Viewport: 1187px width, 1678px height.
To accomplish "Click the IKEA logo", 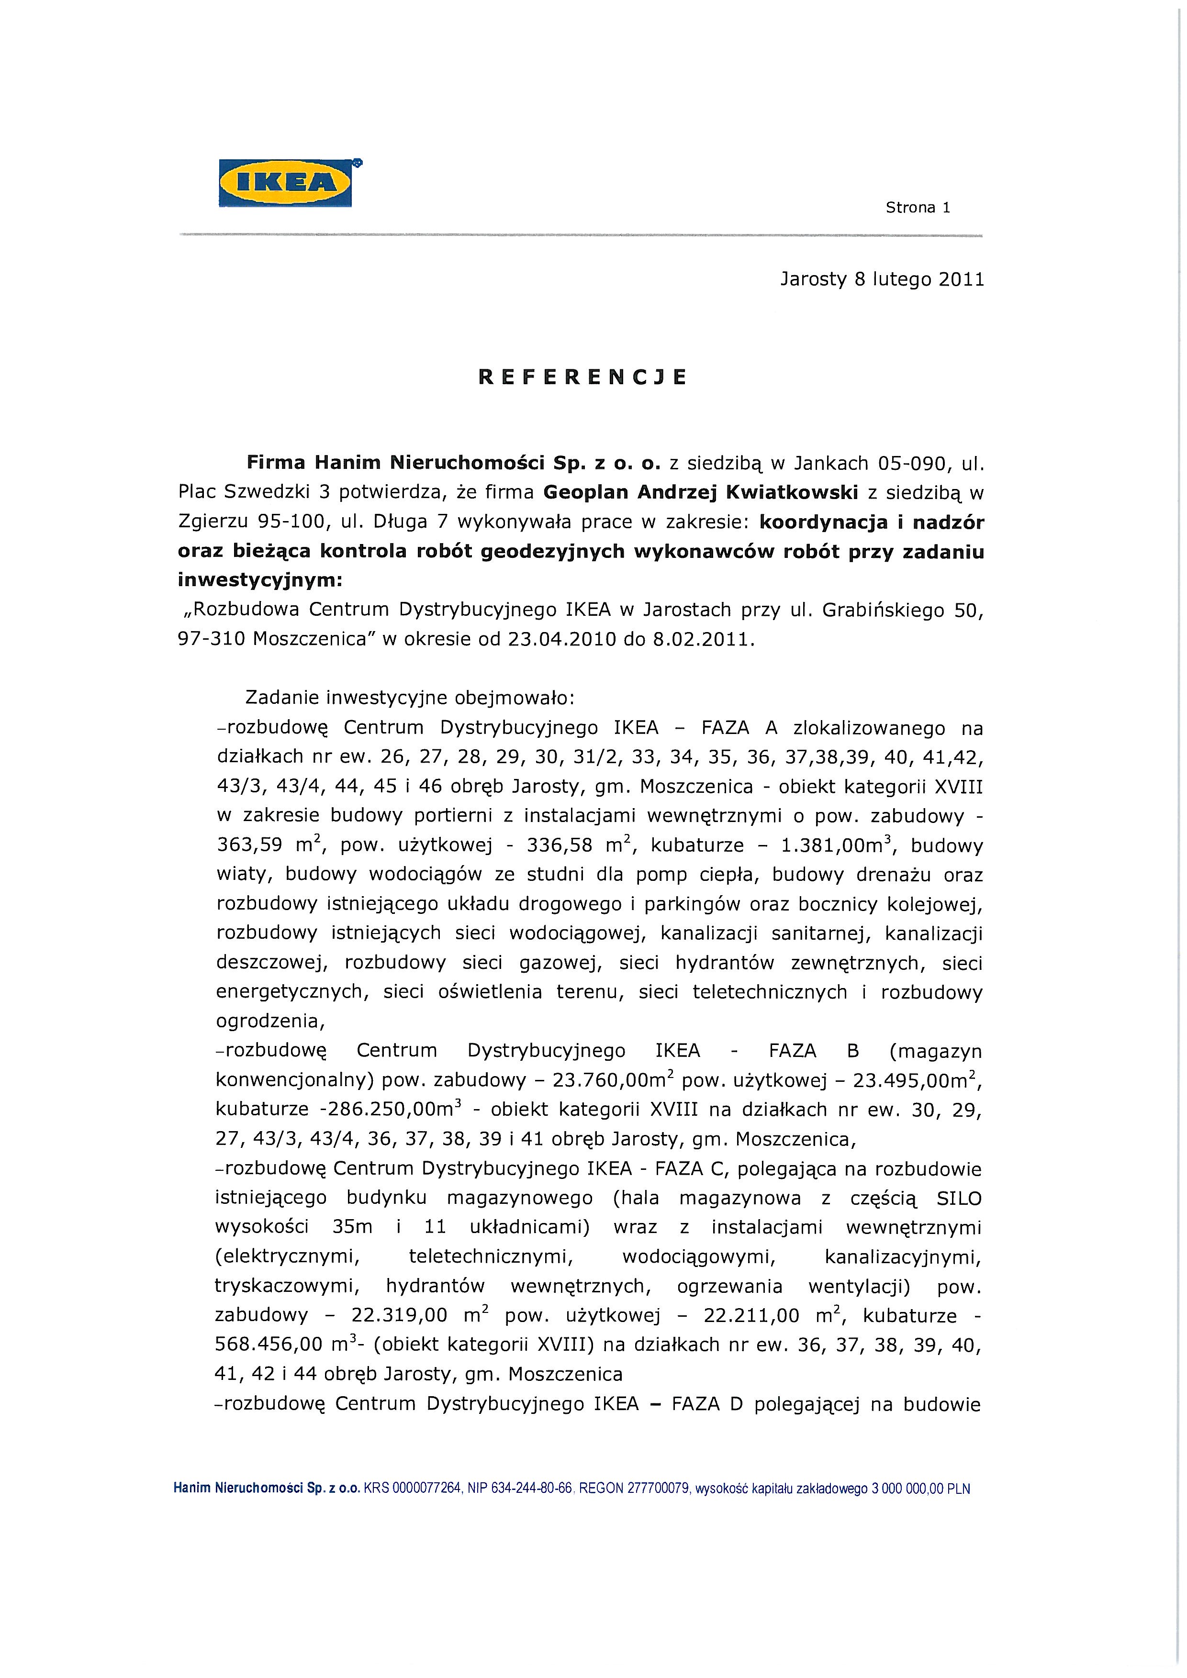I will [285, 183].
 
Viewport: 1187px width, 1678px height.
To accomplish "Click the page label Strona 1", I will [918, 208].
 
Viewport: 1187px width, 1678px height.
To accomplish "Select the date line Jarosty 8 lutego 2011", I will [882, 279].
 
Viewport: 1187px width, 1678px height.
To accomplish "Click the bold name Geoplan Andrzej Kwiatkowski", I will [700, 492].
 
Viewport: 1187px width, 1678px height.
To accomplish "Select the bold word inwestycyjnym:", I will [259, 581].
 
